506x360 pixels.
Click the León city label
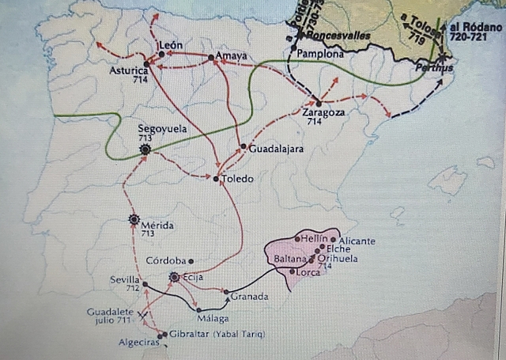click(x=172, y=44)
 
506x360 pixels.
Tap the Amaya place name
click(x=231, y=56)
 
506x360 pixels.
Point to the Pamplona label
click(x=320, y=55)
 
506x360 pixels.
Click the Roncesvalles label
click(x=337, y=36)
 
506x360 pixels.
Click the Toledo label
click(x=238, y=179)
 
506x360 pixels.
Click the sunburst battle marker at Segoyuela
click(x=145, y=149)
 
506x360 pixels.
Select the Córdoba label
click(x=167, y=260)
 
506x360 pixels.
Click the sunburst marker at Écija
click(x=175, y=278)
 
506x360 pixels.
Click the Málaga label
click(x=214, y=318)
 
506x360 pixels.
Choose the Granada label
click(x=249, y=297)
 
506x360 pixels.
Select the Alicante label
click(x=357, y=241)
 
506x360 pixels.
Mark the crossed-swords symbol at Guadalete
click(x=143, y=314)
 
